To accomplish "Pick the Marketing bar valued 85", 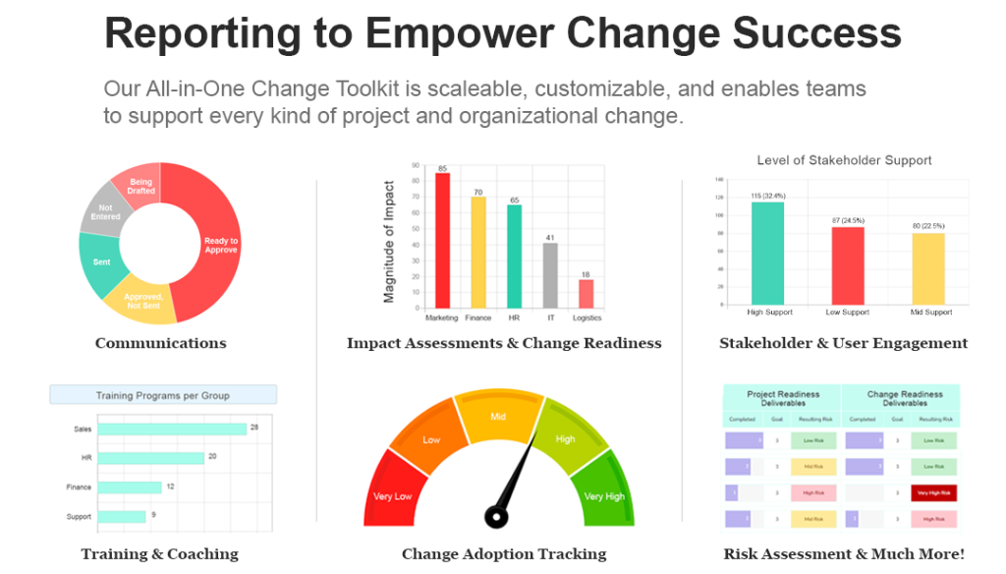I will pyautogui.click(x=442, y=240).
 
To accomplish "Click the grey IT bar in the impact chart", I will pyautogui.click(x=550, y=274).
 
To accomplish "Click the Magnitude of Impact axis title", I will pyautogui.click(x=389, y=241).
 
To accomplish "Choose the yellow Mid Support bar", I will pyautogui.click(x=928, y=267).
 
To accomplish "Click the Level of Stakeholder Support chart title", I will pyautogui.click(x=844, y=160).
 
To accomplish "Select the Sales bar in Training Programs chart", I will pyautogui.click(x=172, y=429).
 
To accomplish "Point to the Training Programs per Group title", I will pyautogui.click(x=163, y=395).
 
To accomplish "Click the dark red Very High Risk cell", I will pyautogui.click(x=934, y=492).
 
